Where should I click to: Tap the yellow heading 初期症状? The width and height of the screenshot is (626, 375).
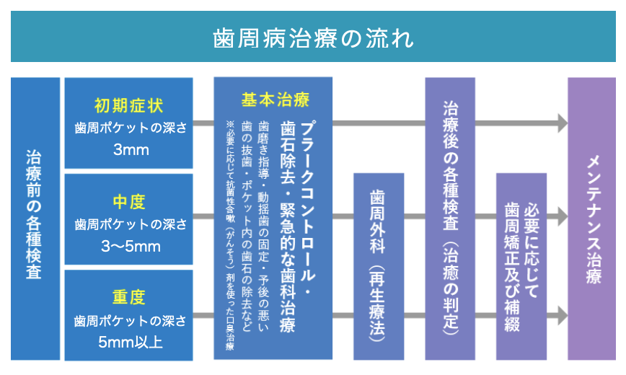coord(129,105)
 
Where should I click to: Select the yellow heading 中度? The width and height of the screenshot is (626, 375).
coord(129,201)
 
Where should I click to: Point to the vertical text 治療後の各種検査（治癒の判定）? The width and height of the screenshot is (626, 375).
coord(449,216)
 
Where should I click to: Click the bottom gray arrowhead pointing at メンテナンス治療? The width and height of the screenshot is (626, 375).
coord(561,315)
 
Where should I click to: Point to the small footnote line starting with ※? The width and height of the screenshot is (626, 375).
coord(230,234)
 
